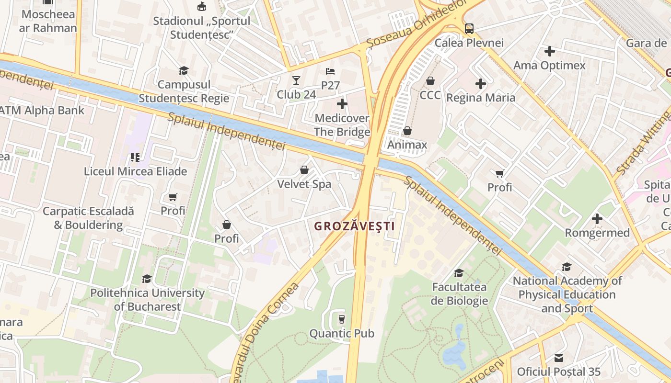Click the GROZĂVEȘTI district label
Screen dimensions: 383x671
(x=354, y=226)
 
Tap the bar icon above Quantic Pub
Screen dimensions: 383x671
(x=341, y=319)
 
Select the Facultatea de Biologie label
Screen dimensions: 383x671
(x=459, y=294)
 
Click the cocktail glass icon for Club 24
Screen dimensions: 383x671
(x=296, y=80)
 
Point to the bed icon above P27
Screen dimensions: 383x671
(x=330, y=71)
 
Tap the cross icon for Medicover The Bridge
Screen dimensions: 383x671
(x=342, y=103)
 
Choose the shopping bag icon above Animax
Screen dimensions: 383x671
(x=407, y=131)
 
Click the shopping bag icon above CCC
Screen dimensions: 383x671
(x=430, y=81)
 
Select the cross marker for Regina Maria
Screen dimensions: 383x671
(x=481, y=84)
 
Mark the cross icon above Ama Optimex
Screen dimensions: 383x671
(x=549, y=51)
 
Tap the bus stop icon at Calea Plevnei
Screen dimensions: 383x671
(x=469, y=29)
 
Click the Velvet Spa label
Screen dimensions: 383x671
(x=304, y=184)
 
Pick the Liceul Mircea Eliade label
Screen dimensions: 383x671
(x=135, y=171)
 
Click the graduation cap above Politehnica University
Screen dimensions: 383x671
(x=147, y=279)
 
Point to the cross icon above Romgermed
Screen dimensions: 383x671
(x=597, y=219)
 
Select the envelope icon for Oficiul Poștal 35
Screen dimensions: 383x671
(x=558, y=358)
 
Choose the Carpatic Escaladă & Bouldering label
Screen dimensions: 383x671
(x=88, y=218)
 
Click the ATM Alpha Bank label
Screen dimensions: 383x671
(x=41, y=111)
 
